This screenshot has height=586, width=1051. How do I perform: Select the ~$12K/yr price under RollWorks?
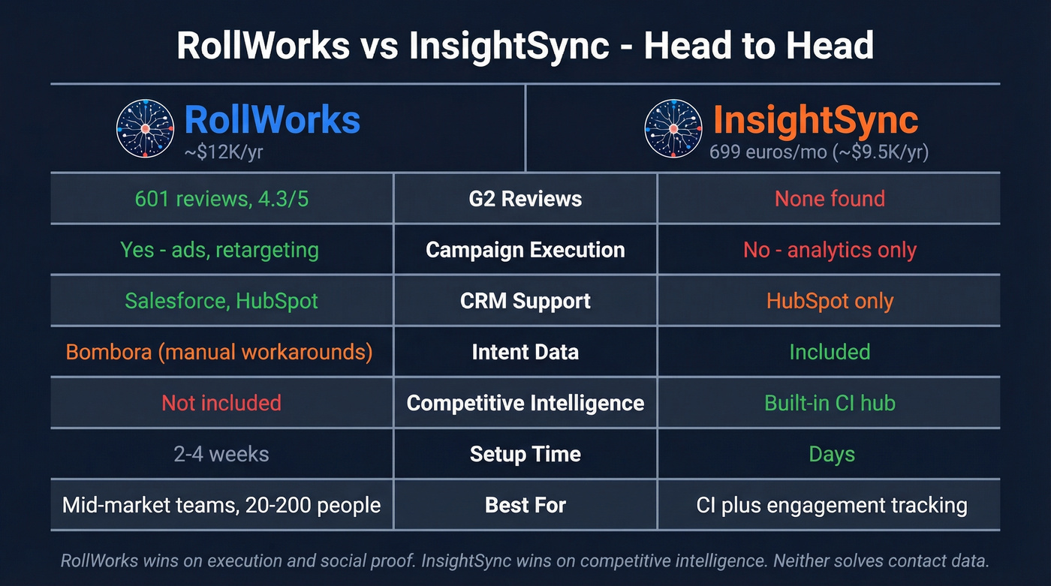[224, 153]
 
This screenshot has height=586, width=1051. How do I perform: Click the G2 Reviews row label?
[525, 199]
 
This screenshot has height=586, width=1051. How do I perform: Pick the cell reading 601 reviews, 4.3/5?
[221, 199]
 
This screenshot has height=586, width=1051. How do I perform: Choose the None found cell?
[830, 199]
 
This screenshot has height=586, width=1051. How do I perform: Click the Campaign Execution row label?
[525, 250]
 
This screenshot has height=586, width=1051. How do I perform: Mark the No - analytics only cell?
[830, 250]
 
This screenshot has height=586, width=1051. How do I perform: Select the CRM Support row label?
[525, 301]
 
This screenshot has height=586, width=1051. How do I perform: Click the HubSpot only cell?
[830, 301]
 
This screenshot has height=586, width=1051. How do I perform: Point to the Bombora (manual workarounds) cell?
[219, 352]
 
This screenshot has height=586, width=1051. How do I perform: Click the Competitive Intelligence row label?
[525, 403]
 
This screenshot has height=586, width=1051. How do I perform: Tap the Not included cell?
[221, 403]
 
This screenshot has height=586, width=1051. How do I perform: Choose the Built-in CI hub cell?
[830, 403]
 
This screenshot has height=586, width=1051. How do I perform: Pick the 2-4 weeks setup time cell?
[221, 454]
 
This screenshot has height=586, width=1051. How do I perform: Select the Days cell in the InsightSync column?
[831, 454]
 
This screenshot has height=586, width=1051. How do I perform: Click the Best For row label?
[525, 505]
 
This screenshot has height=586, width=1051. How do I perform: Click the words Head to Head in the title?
[759, 45]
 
